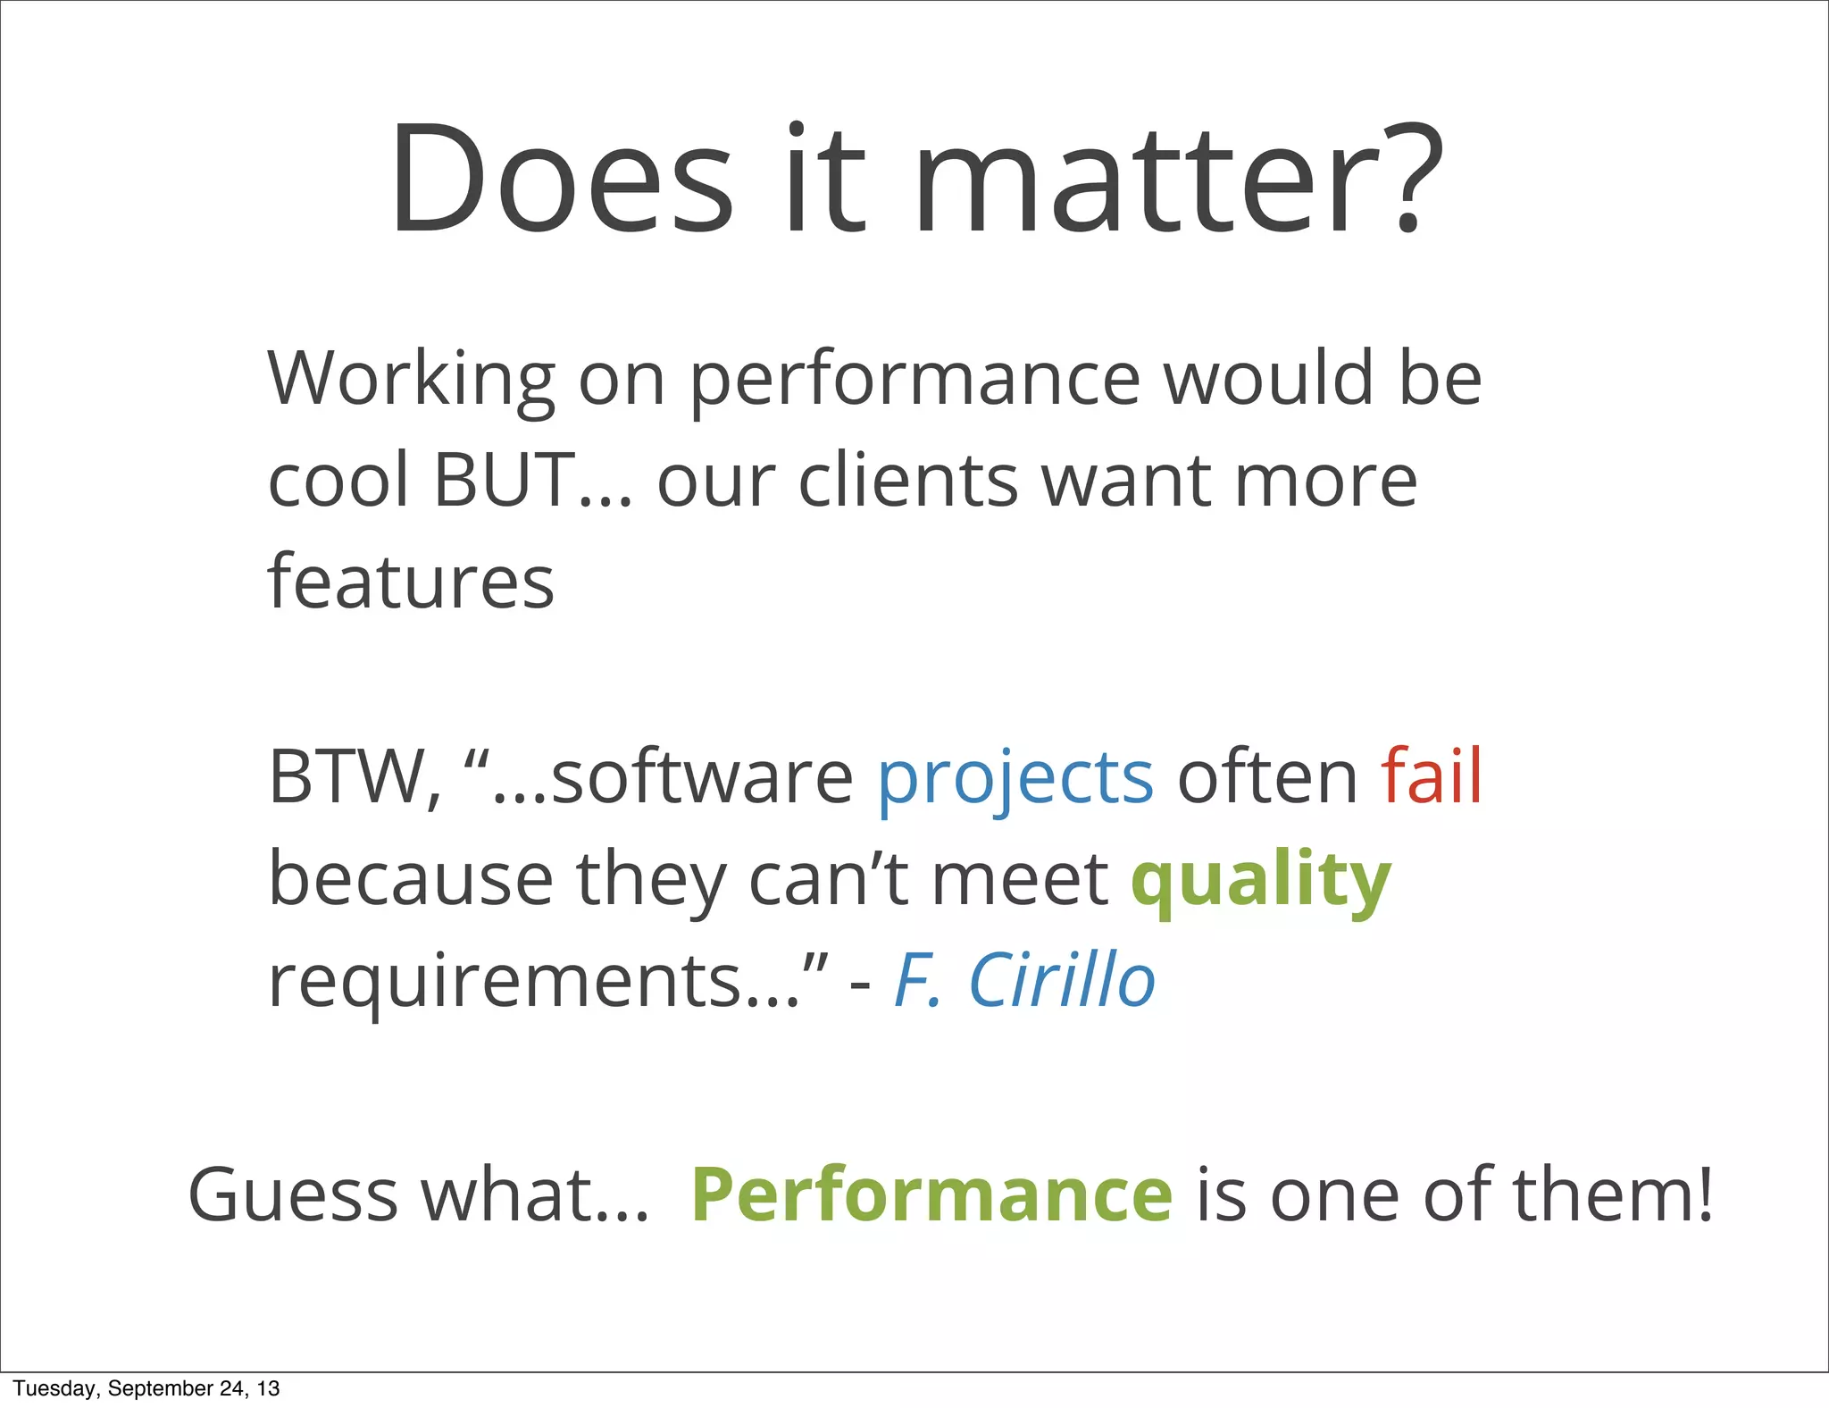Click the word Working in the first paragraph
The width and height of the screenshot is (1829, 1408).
click(411, 380)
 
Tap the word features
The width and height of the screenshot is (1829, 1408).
click(411, 582)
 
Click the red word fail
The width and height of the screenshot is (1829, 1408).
click(1432, 775)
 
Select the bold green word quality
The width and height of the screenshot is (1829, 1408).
click(1260, 880)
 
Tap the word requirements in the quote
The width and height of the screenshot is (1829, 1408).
click(534, 981)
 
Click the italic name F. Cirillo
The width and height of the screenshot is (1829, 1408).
click(1024, 980)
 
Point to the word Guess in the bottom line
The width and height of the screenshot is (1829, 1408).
click(292, 1195)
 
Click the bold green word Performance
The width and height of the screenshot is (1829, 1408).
click(931, 1195)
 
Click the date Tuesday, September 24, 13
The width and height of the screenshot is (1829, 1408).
click(146, 1388)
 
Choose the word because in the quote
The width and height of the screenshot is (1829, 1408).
click(411, 880)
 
